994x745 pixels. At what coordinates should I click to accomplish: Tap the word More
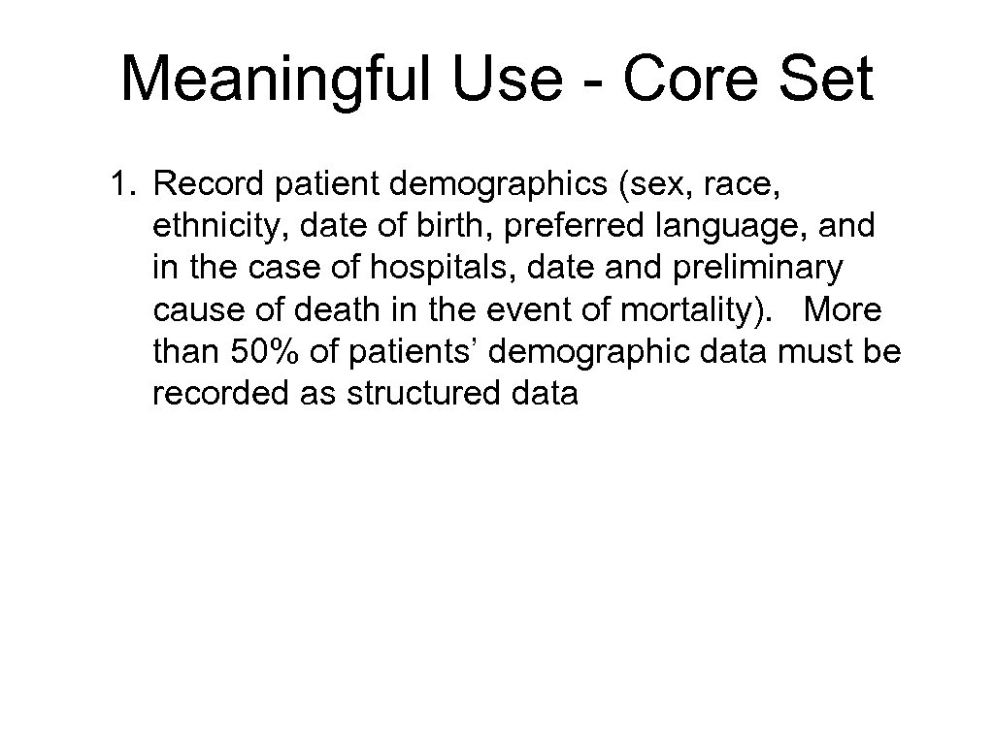[x=843, y=310]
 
